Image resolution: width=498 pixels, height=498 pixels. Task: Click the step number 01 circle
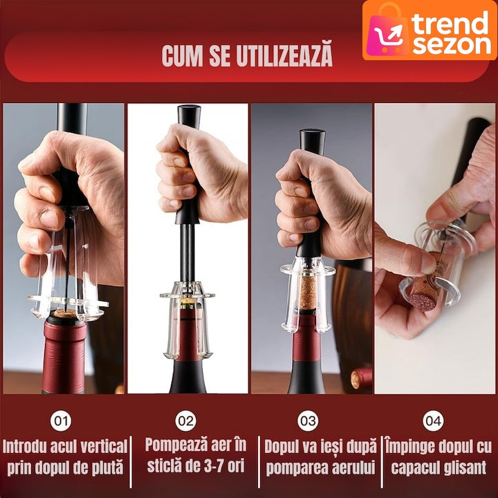click(x=61, y=421)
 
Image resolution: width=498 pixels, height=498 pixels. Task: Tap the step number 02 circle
click(x=185, y=421)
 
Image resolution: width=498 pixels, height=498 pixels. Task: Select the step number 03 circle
click(x=308, y=421)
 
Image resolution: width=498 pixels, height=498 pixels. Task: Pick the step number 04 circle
click(x=433, y=421)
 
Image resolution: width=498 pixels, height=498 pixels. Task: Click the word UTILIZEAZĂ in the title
click(x=284, y=55)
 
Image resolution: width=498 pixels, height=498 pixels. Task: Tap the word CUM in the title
click(x=183, y=57)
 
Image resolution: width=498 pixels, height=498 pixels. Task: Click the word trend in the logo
click(x=450, y=23)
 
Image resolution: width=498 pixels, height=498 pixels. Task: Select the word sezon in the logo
click(x=452, y=44)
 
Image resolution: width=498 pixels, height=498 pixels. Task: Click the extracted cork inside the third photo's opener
click(x=307, y=292)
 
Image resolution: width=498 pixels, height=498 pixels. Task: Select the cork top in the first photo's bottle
click(x=64, y=313)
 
